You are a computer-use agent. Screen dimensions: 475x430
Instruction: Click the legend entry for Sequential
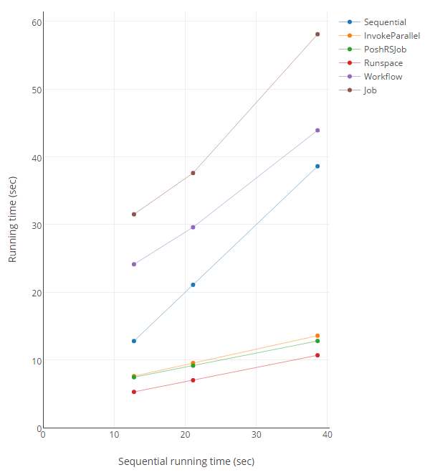(x=385, y=22)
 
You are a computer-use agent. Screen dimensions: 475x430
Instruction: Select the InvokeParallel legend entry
(x=391, y=36)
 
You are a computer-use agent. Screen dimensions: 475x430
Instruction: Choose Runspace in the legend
(x=383, y=63)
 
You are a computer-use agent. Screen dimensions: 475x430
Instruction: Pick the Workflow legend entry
(x=383, y=77)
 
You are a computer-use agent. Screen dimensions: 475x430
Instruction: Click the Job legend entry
(x=370, y=90)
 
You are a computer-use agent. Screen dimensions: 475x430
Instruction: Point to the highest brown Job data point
(x=317, y=34)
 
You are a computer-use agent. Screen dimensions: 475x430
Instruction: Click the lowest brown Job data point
(x=134, y=215)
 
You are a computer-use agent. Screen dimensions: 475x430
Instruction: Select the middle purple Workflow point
(x=193, y=227)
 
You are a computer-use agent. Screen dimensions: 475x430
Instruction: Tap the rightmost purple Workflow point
(x=317, y=131)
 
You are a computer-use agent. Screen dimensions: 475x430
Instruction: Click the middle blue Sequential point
(x=193, y=285)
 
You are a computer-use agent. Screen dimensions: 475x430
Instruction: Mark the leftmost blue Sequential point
(x=134, y=341)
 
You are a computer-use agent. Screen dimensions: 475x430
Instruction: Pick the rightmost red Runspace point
(x=317, y=355)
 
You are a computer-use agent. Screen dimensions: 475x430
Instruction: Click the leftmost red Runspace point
(x=134, y=392)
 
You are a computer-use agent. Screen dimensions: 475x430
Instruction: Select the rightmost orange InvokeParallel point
(x=317, y=336)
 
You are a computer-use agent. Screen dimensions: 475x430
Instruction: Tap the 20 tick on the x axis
(x=185, y=435)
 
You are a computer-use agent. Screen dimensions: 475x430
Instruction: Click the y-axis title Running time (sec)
(x=13, y=222)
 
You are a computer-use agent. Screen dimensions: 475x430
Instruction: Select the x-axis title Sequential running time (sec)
(x=186, y=461)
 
